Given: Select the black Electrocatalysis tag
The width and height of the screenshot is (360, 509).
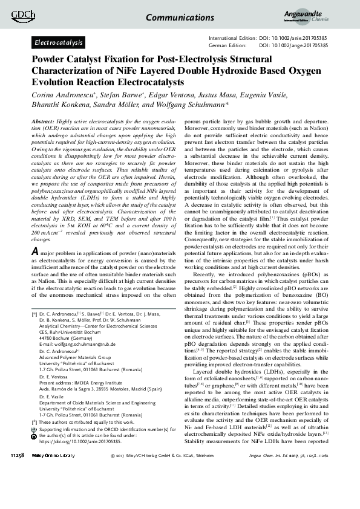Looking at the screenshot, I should click(58, 43).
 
